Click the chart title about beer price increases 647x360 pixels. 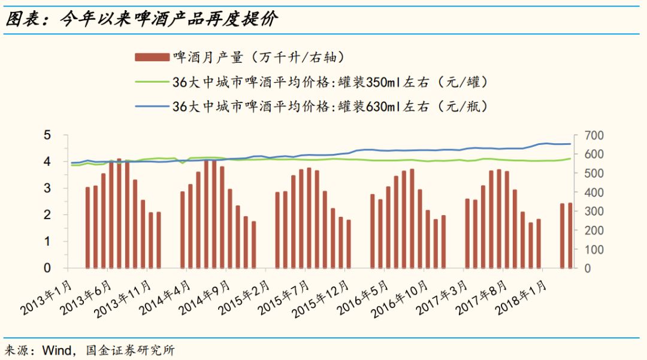pos(141,19)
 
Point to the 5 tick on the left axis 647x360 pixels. pos(47,135)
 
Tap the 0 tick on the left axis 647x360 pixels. pos(47,268)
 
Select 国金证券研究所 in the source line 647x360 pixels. pos(130,350)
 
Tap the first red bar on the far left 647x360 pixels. pos(87,228)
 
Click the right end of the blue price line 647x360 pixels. pos(570,144)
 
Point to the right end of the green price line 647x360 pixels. pos(570,159)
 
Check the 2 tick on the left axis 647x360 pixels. pos(47,215)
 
